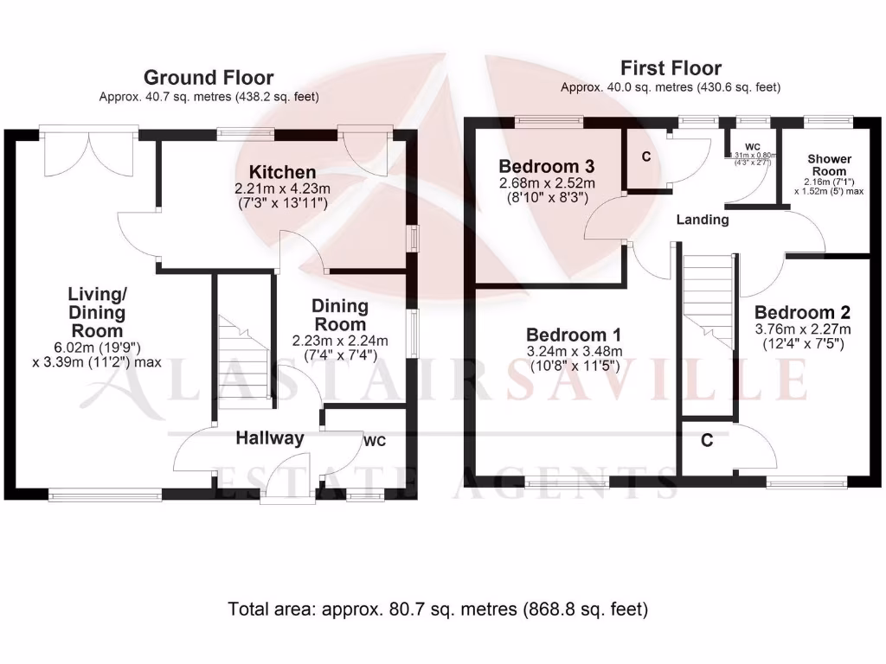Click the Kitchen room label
(x=283, y=171)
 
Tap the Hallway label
(x=270, y=438)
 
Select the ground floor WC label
(x=374, y=441)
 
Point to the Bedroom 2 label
(x=802, y=312)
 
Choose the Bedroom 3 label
(x=546, y=166)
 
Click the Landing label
(x=703, y=220)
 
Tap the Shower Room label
(x=829, y=165)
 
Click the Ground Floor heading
(x=209, y=78)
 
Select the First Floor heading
(x=671, y=68)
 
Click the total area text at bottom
(x=438, y=609)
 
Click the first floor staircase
(x=708, y=298)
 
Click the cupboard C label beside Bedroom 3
(x=645, y=156)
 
